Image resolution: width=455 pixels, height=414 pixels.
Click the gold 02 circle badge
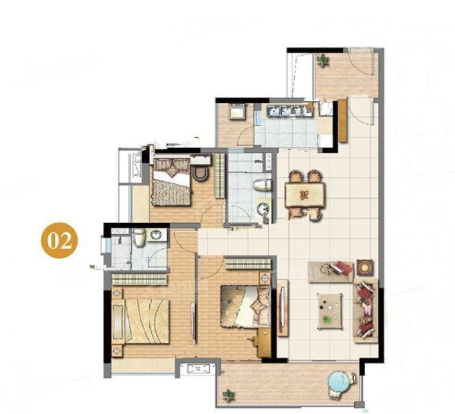[59, 240]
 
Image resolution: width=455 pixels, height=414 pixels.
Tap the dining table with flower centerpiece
[305, 194]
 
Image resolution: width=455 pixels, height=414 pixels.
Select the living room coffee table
[330, 311]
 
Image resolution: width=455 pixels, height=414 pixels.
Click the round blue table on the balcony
[339, 382]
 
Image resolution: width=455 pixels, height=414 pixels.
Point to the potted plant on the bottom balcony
[229, 396]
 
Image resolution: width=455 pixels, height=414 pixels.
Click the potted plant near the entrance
[323, 60]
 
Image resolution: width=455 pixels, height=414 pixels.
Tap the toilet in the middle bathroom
[262, 186]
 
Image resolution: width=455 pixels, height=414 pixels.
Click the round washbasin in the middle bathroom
[264, 208]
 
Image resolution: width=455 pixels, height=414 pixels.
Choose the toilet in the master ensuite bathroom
[140, 237]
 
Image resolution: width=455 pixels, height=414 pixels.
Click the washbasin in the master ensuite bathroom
[156, 235]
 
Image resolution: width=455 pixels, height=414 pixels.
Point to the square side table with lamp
[365, 267]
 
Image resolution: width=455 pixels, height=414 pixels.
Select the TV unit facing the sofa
[283, 308]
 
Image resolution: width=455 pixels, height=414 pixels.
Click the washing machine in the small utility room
[237, 111]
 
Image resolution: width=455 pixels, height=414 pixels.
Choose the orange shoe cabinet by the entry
[343, 120]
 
